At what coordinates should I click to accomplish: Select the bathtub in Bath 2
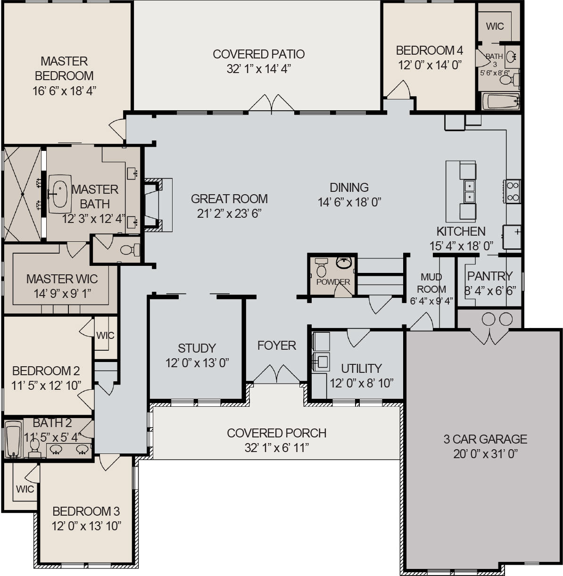coord(13,439)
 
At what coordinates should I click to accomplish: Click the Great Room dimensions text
coord(229,214)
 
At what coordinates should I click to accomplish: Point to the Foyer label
coord(277,346)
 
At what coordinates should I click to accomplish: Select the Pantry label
coord(489,276)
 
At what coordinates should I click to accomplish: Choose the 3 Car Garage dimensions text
coord(486,454)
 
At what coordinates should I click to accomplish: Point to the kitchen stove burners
coord(513,191)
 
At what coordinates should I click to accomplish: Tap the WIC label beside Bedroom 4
coord(495,26)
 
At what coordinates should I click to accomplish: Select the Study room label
coord(197,348)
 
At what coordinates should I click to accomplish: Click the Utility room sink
coord(322,362)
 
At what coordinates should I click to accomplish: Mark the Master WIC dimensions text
coord(62,293)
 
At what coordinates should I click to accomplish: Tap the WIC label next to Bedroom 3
coord(25,489)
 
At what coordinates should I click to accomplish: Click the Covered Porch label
coord(277,433)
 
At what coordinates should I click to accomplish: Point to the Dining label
coord(349,187)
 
